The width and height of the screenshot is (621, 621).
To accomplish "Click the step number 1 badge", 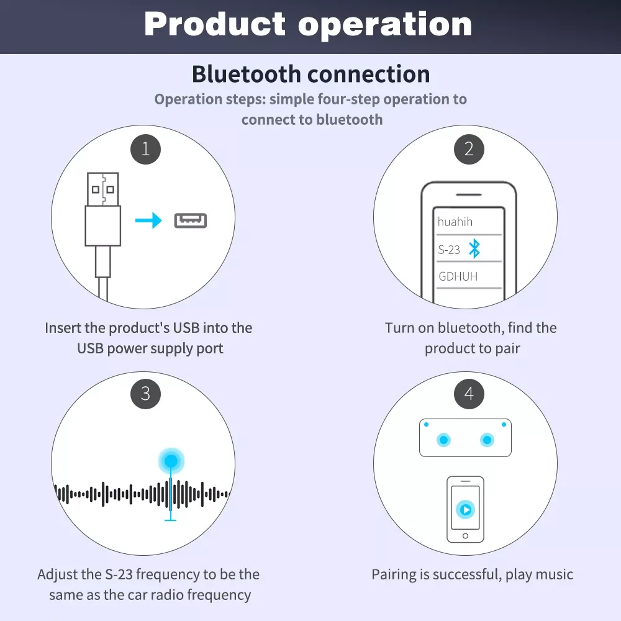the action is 146,149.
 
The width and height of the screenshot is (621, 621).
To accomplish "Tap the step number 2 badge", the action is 469,149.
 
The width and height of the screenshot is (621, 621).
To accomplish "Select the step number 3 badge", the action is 146,394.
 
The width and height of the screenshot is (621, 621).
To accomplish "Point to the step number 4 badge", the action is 469,394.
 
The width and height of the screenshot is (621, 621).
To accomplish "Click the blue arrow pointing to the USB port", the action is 148,220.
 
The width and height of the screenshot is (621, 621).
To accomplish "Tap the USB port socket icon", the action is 191,220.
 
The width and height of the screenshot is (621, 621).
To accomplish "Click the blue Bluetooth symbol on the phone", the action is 474,249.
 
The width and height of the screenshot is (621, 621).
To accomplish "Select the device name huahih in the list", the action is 455,222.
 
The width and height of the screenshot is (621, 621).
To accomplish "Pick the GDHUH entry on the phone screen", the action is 458,276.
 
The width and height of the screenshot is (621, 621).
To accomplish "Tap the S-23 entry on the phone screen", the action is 449,250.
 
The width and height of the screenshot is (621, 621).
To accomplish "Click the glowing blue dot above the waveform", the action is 171,461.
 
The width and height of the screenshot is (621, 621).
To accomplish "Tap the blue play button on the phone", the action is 465,509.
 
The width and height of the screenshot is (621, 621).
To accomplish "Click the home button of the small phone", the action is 465,536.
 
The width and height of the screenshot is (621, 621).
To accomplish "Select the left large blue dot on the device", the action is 443,440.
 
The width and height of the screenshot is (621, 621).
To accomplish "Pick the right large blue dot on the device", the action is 487,440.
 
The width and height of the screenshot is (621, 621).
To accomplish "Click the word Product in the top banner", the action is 215,25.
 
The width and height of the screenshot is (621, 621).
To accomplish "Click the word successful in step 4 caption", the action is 466,574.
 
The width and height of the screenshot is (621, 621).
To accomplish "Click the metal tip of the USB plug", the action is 103,189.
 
